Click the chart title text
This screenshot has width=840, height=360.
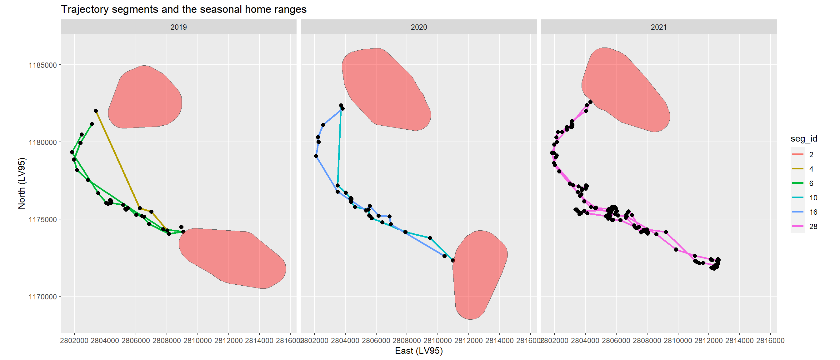(183, 9)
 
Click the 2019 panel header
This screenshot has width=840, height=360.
(178, 27)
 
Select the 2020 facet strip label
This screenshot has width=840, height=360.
(419, 27)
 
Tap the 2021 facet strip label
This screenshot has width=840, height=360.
(659, 27)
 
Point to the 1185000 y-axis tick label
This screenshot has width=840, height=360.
(43, 65)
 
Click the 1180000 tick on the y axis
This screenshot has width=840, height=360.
(43, 142)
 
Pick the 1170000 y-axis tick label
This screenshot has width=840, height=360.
(43, 297)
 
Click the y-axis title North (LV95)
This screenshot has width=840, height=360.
(22, 183)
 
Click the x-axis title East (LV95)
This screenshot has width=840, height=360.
(419, 351)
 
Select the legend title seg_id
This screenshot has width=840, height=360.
(804, 138)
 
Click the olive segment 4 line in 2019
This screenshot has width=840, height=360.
(117, 160)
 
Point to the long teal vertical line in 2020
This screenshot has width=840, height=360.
(339, 147)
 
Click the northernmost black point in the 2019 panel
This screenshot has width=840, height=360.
(96, 111)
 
